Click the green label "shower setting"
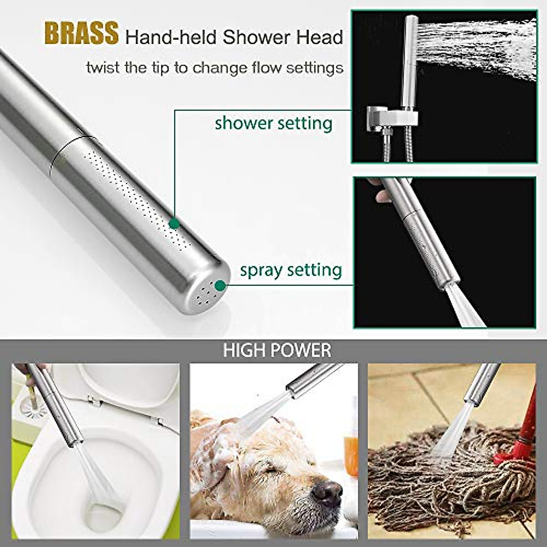coord(273,124)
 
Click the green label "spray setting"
coord(291,270)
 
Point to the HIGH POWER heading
coord(277,350)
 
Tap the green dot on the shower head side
coord(173,223)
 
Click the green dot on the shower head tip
coord(221,286)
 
